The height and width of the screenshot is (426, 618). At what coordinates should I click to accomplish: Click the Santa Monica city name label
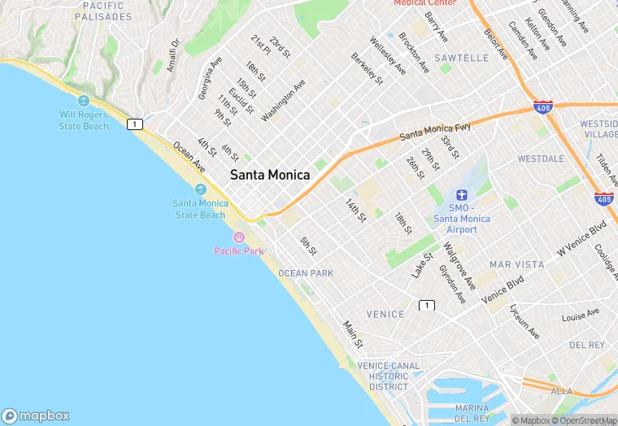(269, 175)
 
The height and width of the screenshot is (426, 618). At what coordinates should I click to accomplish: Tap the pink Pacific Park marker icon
(238, 237)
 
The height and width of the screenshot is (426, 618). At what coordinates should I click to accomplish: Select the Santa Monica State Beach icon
(200, 189)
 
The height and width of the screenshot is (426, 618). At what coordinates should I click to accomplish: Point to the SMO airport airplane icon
(461, 195)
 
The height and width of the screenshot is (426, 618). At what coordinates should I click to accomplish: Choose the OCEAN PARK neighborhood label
(306, 273)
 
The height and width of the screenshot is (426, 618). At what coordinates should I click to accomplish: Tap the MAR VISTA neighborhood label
(516, 265)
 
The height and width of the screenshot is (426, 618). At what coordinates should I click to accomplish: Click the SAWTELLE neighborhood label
(461, 59)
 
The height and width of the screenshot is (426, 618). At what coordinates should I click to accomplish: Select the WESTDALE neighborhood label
(541, 159)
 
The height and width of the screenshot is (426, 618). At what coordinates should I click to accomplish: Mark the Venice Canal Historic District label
(388, 376)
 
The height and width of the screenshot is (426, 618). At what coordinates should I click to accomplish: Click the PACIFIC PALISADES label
(102, 11)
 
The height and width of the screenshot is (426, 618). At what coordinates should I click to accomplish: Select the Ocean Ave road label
(189, 158)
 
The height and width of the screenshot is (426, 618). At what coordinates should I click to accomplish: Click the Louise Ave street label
(581, 314)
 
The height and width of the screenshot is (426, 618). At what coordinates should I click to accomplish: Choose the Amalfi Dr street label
(173, 56)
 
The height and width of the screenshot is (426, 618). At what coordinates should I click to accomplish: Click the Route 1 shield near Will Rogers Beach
(134, 124)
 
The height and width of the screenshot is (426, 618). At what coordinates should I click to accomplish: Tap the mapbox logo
(36, 415)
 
